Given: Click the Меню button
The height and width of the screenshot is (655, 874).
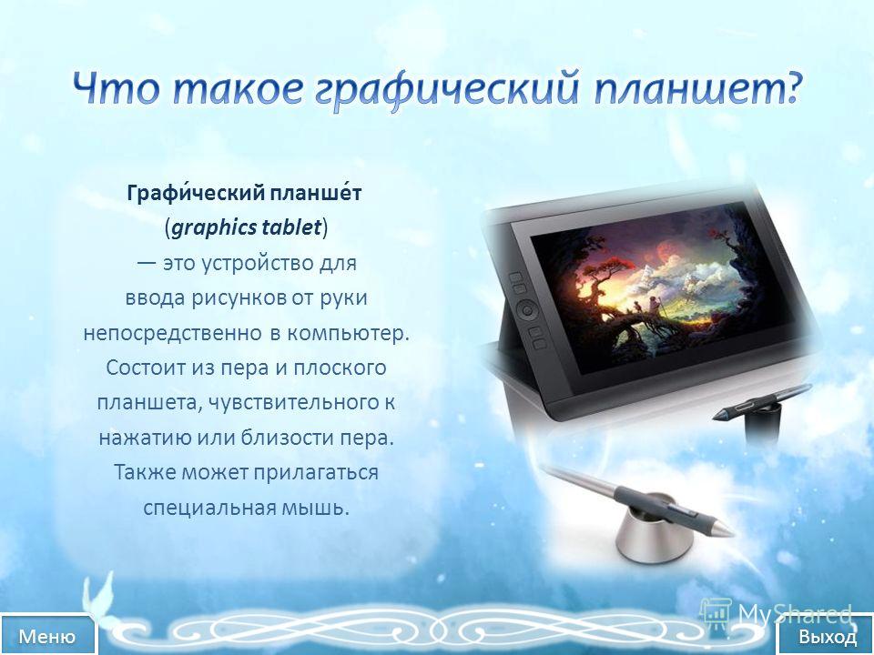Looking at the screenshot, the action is [x=46, y=635].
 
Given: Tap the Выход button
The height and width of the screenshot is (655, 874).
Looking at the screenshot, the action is [x=828, y=636].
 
